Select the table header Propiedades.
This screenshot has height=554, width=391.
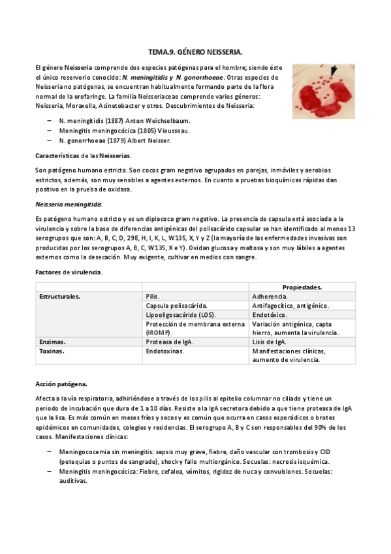click(301, 287)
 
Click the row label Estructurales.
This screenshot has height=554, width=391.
click(60, 296)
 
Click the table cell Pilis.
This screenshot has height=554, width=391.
click(153, 296)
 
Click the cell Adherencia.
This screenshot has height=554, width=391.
click(272, 296)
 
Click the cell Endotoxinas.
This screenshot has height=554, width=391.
click(165, 351)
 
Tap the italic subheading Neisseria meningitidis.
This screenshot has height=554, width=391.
click(69, 204)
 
